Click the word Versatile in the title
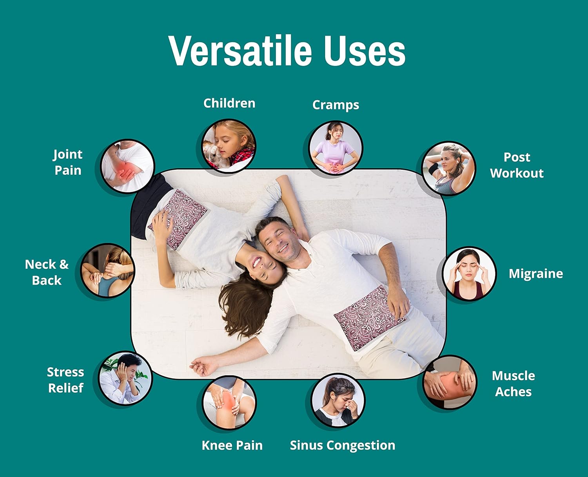click(240, 51)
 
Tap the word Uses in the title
click(365, 51)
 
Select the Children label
click(229, 103)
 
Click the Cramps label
click(336, 105)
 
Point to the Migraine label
click(536, 274)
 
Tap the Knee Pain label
click(232, 445)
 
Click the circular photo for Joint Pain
click(127, 167)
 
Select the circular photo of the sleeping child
click(229, 146)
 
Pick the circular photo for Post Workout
click(449, 168)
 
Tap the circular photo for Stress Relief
click(125, 378)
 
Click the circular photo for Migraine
click(469, 274)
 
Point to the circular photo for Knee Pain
click(229, 403)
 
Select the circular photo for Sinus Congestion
click(338, 400)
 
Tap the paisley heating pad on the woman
click(178, 219)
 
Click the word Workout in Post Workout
click(517, 173)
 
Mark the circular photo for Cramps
click(336, 148)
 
